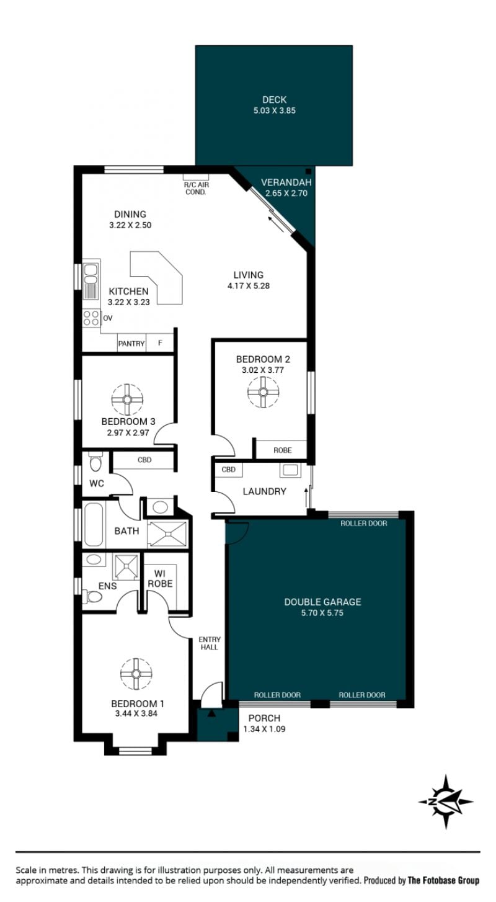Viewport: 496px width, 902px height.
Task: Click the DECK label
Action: pos(274,99)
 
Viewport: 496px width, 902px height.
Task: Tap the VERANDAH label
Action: pos(286,182)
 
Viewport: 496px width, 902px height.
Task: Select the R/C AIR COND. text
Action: pos(197,189)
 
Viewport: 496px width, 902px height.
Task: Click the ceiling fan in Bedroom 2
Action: pos(263,392)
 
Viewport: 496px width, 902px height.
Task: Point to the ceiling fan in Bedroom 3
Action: pos(127,400)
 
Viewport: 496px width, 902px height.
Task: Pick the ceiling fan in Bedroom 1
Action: pos(136,674)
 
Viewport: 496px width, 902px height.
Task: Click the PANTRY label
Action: pos(131,344)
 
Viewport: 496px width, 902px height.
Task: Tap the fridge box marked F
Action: pos(160,343)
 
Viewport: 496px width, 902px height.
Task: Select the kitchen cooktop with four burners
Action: pos(91,318)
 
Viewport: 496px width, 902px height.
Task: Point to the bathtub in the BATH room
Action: pos(94,524)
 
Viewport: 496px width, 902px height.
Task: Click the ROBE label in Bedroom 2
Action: pos(283,450)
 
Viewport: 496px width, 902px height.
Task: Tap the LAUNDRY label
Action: pos(265,491)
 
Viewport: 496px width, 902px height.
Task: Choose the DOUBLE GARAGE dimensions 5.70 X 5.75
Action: pos(322,613)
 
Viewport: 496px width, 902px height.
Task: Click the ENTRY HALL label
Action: pos(210,643)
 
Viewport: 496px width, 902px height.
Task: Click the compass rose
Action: pos(446,802)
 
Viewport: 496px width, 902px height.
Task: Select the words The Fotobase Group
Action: pos(444,880)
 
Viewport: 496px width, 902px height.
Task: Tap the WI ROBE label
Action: pos(160,578)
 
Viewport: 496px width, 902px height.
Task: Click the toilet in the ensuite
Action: pos(93,597)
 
